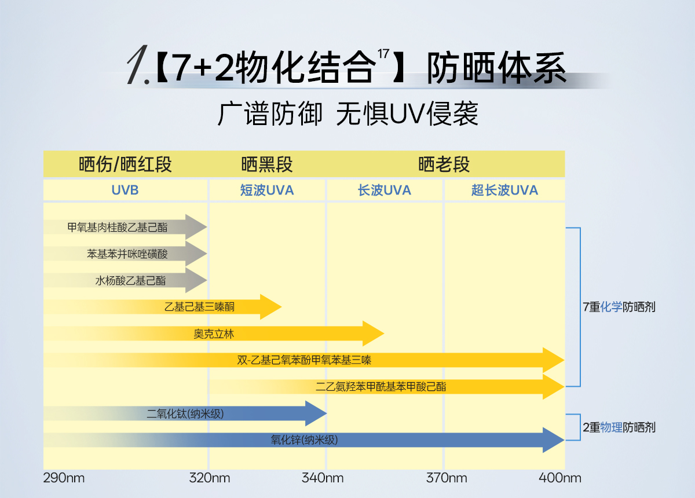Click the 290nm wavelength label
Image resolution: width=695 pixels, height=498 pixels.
pyautogui.click(x=64, y=478)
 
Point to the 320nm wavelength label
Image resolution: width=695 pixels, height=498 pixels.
pyautogui.click(x=209, y=478)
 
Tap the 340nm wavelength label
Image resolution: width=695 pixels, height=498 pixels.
pyautogui.click(x=323, y=478)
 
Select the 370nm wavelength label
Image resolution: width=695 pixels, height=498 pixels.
pyautogui.click(x=446, y=478)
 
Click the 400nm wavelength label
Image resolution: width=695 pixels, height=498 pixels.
pyautogui.click(x=560, y=478)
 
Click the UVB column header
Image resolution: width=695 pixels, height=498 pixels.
pyautogui.click(x=125, y=190)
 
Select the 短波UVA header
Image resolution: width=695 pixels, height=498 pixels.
pyautogui.click(x=267, y=190)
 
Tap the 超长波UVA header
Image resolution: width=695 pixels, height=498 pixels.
pyautogui.click(x=504, y=190)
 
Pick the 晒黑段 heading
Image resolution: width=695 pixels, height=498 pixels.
pyautogui.click(x=267, y=164)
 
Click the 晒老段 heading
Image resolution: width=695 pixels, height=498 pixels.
pyautogui.click(x=444, y=164)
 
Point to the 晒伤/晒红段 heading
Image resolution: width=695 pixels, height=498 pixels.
pyautogui.click(x=125, y=164)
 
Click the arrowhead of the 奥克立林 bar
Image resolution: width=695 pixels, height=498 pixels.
pyautogui.click(x=374, y=334)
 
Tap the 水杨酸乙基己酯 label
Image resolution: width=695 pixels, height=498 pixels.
pyautogui.click(x=130, y=280)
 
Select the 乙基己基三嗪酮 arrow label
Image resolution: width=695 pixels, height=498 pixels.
pyautogui.click(x=200, y=307)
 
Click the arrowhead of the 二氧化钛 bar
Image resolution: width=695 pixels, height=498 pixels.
pyautogui.click(x=317, y=413)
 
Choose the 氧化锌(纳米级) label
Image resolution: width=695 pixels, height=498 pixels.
pyautogui.click(x=304, y=440)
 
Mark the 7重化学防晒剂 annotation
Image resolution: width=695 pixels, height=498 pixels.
pyautogui.click(x=619, y=307)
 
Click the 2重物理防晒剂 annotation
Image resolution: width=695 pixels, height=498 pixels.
pyautogui.click(x=619, y=427)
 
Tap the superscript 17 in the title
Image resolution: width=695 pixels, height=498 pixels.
pyautogui.click(x=382, y=54)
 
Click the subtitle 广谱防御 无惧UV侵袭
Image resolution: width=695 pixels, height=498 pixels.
pyautogui.click(x=348, y=114)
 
